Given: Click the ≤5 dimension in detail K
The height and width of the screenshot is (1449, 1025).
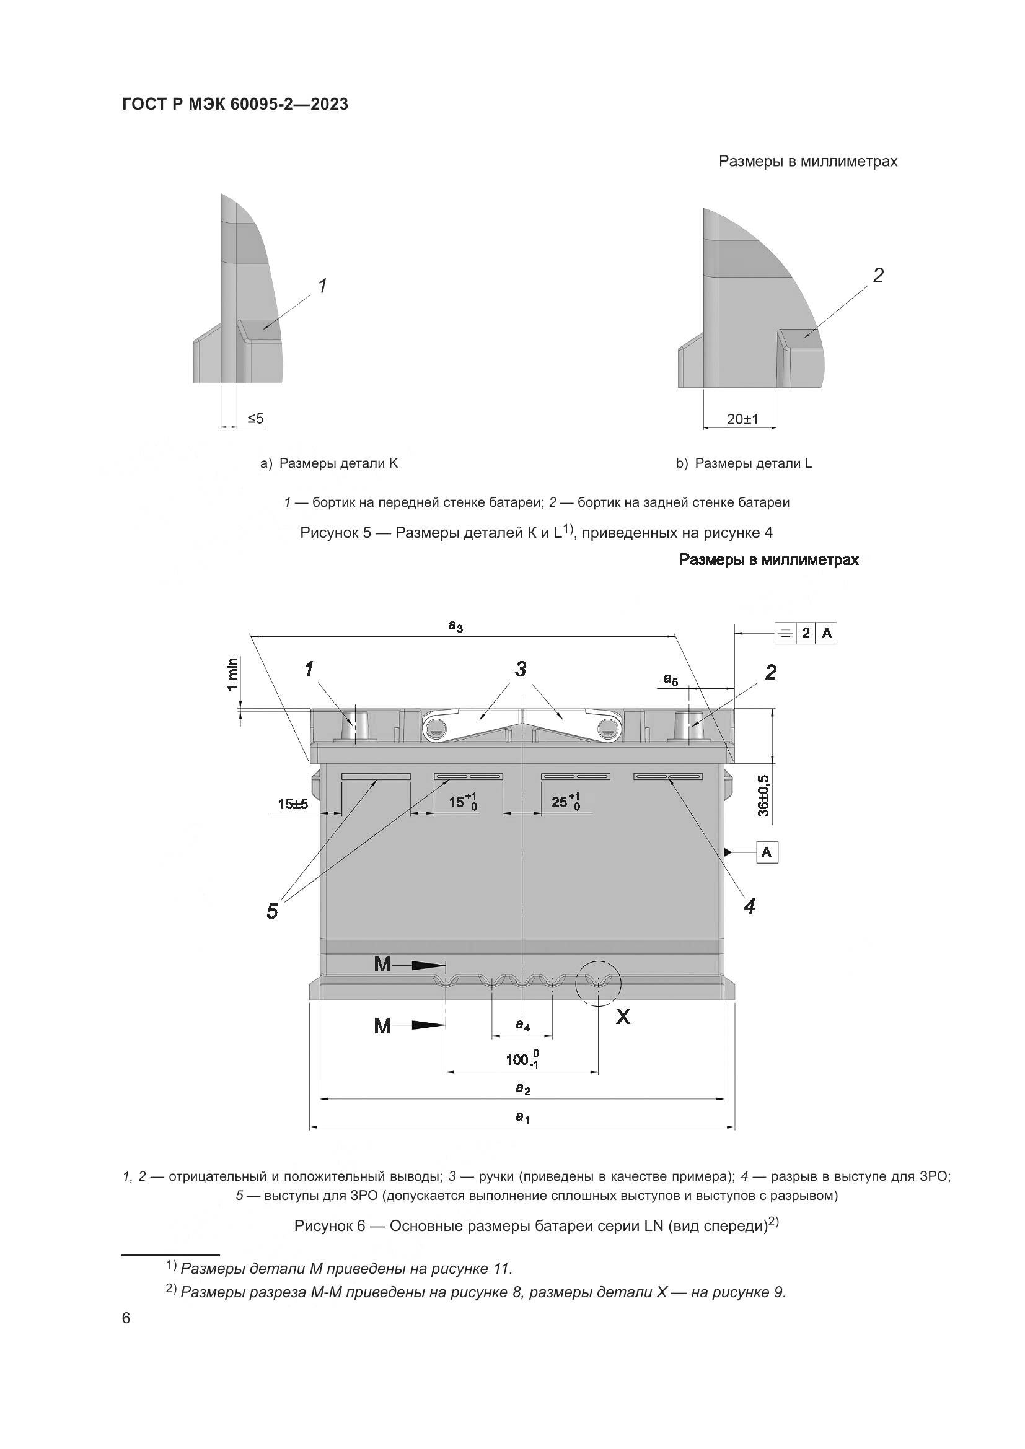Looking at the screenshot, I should point(255,418).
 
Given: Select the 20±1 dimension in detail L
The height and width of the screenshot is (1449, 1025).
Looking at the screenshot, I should point(742,419).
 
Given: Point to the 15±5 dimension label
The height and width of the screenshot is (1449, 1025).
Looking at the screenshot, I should point(293,804).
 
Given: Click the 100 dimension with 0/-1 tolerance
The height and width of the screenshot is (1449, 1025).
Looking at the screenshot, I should point(522,1059).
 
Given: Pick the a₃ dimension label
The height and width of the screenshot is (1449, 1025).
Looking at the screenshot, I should point(455,626).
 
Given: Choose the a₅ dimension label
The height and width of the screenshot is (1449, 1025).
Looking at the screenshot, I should point(671,679).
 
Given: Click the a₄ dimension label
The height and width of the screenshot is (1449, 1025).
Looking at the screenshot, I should point(522,1025).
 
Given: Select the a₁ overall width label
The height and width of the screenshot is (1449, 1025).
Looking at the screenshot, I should point(522,1117).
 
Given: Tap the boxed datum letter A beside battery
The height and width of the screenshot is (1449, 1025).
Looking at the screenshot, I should point(767,852).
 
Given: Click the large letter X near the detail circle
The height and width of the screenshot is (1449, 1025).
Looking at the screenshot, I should point(623,1017).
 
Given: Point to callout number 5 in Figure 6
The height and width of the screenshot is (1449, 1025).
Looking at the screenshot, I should point(272,911).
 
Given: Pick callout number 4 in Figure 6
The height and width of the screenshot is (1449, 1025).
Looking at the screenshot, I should point(749,906).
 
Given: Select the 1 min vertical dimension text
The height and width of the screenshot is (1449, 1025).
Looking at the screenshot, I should point(233,674).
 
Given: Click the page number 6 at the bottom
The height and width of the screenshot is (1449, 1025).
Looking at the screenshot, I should point(126,1318).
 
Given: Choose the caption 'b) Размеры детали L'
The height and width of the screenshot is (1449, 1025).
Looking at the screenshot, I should point(744,463).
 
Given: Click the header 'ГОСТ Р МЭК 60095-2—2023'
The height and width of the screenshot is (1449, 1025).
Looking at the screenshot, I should point(235,104).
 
